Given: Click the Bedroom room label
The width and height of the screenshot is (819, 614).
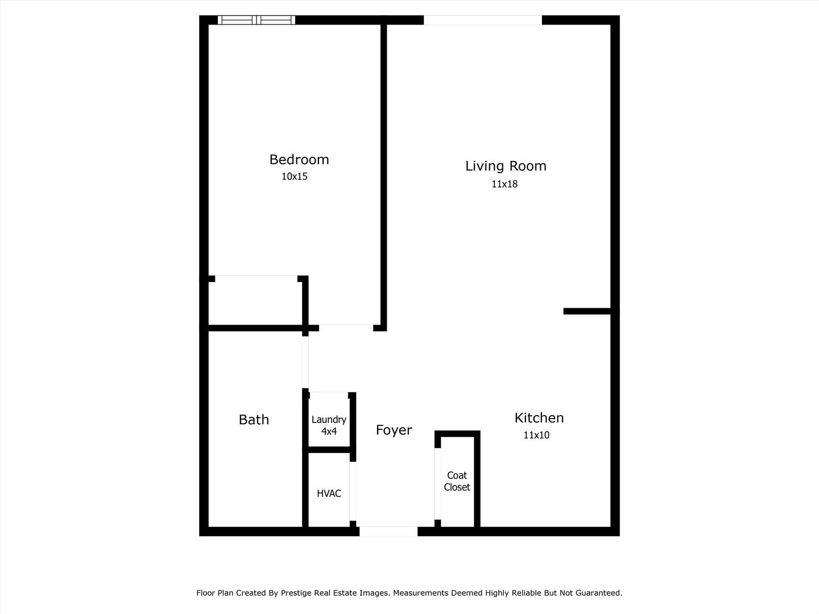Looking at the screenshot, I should (x=299, y=160).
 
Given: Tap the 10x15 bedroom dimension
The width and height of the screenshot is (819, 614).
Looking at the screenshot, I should (x=294, y=177).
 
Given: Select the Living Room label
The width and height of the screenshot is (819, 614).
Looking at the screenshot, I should (x=506, y=166).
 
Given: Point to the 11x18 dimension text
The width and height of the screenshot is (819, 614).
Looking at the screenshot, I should (x=504, y=184).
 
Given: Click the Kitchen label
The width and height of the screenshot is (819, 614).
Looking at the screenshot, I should (x=539, y=418).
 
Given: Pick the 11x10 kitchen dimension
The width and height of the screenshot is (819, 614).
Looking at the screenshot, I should (x=536, y=435).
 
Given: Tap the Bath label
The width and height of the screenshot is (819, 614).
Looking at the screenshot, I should (x=254, y=420).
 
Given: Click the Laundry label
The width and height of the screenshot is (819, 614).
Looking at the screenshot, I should (x=329, y=420).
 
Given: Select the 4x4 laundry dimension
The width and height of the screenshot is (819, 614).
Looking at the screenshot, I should (x=329, y=432).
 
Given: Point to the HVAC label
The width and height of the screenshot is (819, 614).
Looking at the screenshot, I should (x=329, y=493).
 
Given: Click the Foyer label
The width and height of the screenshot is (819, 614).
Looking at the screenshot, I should (x=394, y=430).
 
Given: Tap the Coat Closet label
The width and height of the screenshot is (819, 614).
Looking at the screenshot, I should (x=457, y=482).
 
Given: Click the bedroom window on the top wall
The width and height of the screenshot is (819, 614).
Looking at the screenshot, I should (x=256, y=20).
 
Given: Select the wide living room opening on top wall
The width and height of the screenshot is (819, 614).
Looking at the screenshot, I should (x=482, y=20).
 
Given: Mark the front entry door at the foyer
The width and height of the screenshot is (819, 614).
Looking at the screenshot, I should (x=388, y=532).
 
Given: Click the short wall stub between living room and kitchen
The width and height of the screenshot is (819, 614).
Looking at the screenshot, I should (x=587, y=311).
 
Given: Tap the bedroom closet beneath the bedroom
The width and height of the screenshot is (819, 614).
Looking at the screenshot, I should (x=255, y=301).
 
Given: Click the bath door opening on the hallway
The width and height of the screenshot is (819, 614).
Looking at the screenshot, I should (x=305, y=362).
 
